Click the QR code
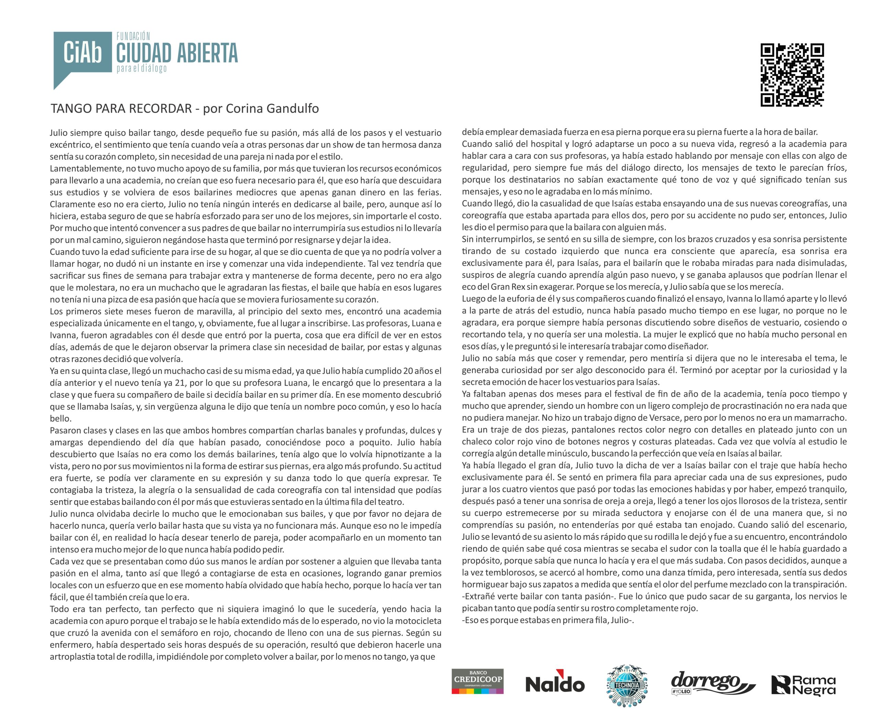pos(792,75)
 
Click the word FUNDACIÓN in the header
pos(133,36)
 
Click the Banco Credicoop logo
pos(477,681)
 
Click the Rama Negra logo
pos(803,685)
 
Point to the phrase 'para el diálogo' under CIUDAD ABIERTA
pos(141,68)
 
